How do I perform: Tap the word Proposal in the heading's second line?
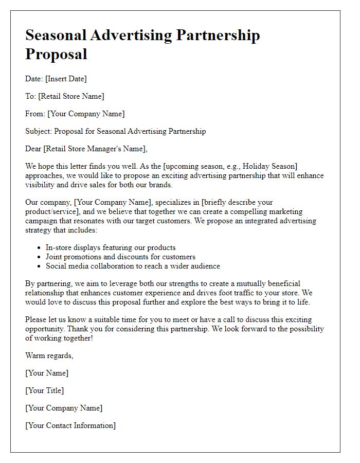(56, 54)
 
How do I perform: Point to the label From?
(35, 114)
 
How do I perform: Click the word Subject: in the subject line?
(39, 131)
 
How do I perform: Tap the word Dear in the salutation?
(34, 149)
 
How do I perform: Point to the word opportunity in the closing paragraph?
(46, 329)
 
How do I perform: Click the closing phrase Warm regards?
(49, 355)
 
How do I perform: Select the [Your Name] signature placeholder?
(47, 373)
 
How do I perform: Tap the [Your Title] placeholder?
(45, 390)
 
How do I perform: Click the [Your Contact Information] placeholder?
(70, 425)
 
